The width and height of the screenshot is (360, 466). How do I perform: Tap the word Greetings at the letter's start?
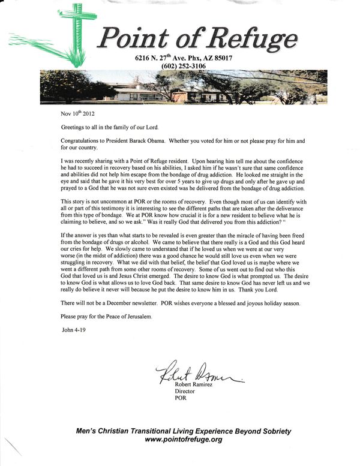click(74, 128)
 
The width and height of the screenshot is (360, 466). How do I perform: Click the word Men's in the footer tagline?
click(86, 431)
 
